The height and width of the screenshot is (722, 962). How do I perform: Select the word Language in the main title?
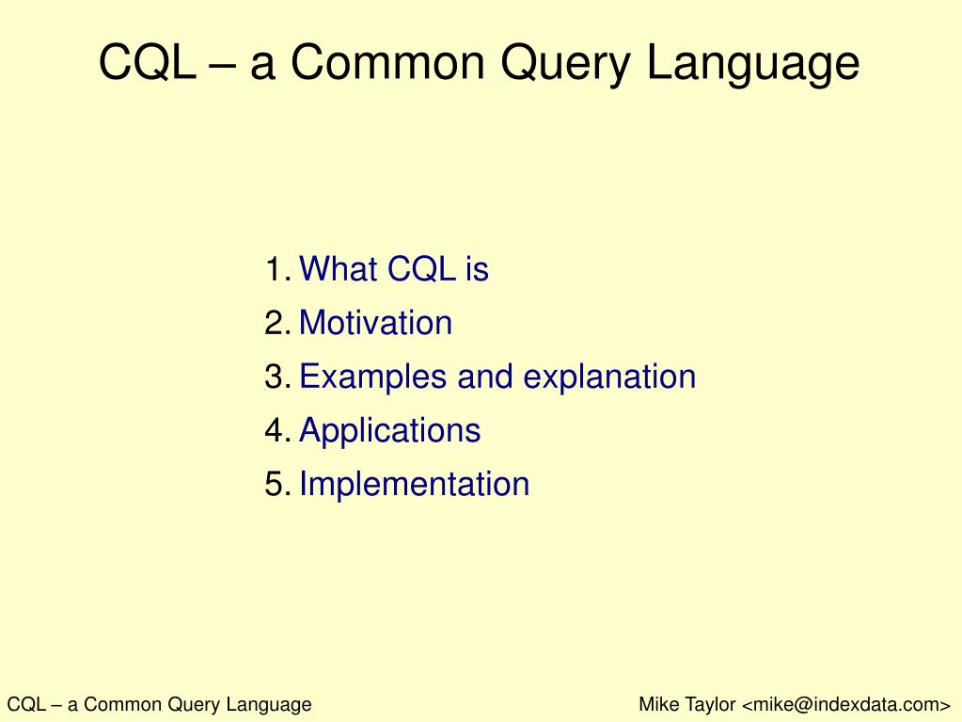[753, 63]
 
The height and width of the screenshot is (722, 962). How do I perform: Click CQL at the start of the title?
[148, 62]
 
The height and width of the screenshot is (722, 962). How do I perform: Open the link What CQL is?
[394, 268]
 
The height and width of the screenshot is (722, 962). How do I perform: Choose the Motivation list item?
[375, 322]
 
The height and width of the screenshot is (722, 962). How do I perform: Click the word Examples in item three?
[372, 377]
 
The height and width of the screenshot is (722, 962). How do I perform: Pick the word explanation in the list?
[609, 377]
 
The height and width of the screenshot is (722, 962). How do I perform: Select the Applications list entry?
[389, 430]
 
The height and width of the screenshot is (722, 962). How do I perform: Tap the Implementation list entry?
[414, 484]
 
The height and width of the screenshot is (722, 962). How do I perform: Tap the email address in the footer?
[846, 704]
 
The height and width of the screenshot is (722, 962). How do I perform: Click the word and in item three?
[484, 377]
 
